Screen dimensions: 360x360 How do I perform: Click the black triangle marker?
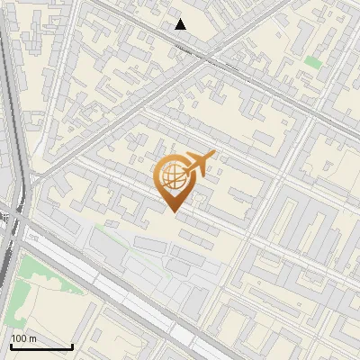click(181, 24)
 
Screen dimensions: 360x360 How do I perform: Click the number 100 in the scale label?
click(19, 338)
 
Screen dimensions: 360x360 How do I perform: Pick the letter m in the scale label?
click(32, 338)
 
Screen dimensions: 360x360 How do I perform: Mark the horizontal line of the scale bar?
click(40, 346)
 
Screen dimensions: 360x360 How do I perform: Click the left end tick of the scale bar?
click(10, 344)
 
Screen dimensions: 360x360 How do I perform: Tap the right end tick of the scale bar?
click(72, 344)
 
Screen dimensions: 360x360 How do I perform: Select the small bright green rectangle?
click(312, 61)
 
